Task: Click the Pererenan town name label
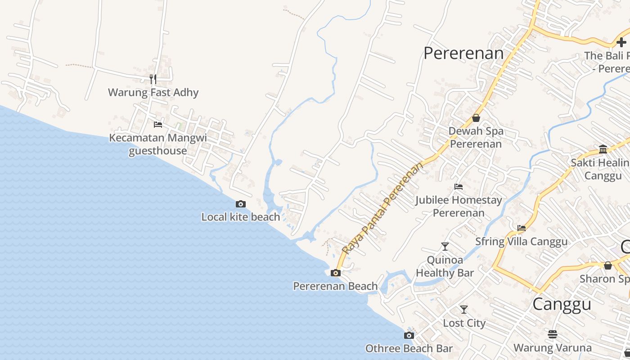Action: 463,53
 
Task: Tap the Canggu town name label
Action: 562,304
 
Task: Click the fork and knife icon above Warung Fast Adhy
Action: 153,79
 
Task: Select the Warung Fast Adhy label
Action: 153,93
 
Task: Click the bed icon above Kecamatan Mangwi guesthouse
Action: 157,124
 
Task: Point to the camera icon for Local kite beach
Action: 241,204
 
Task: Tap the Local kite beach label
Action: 240,217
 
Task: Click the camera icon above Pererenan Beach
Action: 335,273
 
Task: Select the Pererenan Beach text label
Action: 335,286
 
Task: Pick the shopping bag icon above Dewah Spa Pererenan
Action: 476,118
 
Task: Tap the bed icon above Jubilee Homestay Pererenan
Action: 459,186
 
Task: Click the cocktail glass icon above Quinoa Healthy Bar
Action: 445,247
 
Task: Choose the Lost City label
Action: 464,323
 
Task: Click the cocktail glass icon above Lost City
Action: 463,310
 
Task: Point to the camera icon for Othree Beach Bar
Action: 409,335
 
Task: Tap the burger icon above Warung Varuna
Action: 553,334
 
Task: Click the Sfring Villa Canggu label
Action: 522,241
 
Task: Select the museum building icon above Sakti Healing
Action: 603,149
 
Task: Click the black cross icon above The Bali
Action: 621,42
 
